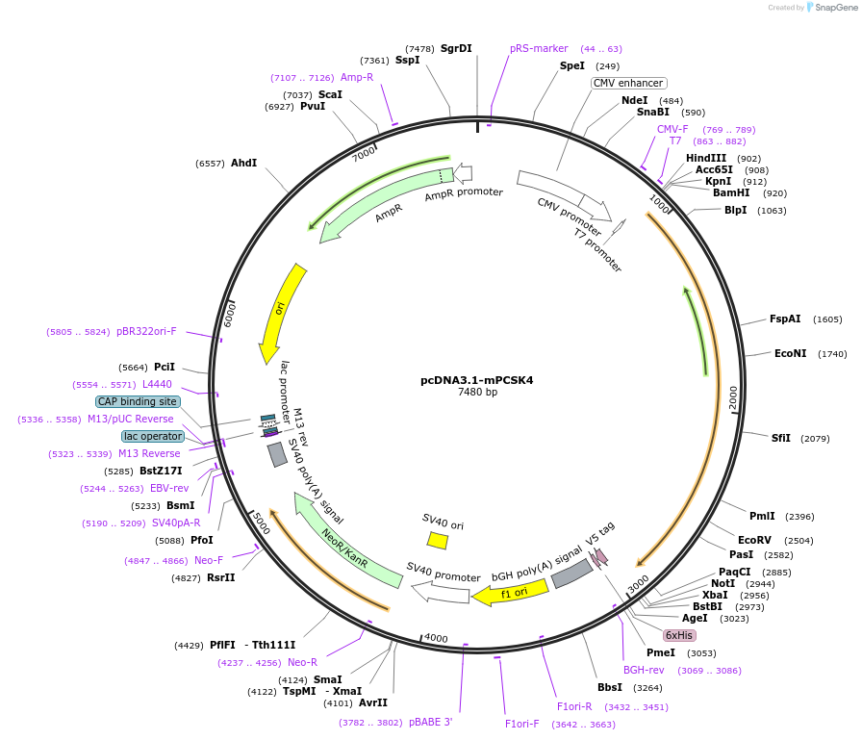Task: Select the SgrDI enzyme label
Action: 456,48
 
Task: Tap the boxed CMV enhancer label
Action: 628,83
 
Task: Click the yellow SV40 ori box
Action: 438,541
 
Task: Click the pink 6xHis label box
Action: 679,635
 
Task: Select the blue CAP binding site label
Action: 138,401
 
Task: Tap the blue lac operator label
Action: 152,436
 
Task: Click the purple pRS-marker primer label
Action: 539,48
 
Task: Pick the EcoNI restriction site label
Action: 791,353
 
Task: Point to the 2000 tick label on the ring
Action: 733,397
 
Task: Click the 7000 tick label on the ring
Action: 365,154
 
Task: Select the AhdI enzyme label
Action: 243,163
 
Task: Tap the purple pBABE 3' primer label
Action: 430,722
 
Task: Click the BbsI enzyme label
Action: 610,687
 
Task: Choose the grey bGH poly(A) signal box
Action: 571,574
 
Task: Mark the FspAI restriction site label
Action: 785,319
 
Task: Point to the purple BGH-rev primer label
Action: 644,670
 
